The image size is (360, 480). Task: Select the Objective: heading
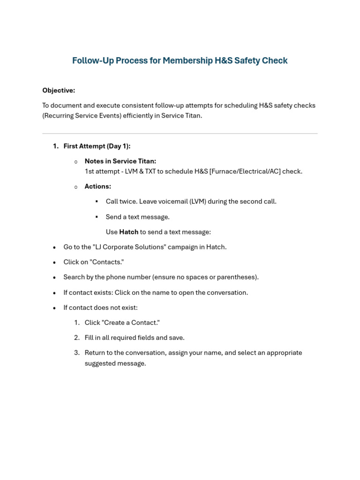pyautogui.click(x=59, y=90)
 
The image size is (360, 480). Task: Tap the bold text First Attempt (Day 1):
pyautogui.click(x=97, y=146)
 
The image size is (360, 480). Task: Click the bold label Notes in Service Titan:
pyautogui.click(x=120, y=161)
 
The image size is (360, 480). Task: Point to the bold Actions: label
pyautogui.click(x=97, y=187)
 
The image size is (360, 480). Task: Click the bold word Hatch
pyautogui.click(x=129, y=232)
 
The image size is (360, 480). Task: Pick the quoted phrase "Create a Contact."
pyautogui.click(x=130, y=322)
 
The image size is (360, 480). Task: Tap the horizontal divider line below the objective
pyautogui.click(x=180, y=134)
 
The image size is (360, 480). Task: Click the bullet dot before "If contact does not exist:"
pyautogui.click(x=54, y=308)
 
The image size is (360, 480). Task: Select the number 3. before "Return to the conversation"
pyautogui.click(x=77, y=352)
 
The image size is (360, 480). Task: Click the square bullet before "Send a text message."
pyautogui.click(x=97, y=217)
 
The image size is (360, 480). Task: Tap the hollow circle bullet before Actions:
pyautogui.click(x=76, y=187)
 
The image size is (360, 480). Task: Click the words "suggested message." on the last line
pyautogui.click(x=115, y=363)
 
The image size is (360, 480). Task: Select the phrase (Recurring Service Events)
pyautogui.click(x=82, y=116)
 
